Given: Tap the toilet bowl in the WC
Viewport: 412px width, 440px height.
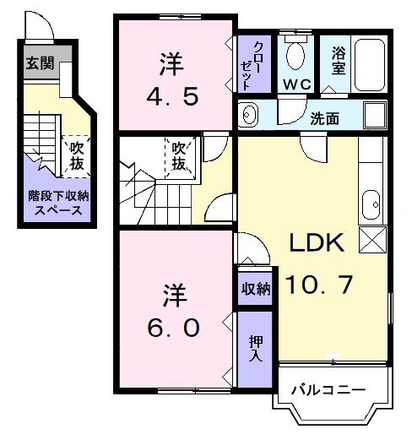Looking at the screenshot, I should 295,56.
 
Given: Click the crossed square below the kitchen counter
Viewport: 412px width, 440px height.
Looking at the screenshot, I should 371,239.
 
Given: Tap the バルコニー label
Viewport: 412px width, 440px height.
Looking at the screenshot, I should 328,390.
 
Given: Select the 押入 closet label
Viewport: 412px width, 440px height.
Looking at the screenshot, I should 256,347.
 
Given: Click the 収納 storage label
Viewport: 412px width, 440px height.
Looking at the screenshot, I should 256,289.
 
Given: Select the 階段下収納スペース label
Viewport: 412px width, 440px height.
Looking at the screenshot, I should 56,203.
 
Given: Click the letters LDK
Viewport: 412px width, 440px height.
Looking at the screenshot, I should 317,245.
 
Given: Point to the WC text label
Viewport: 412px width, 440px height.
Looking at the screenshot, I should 295,84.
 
